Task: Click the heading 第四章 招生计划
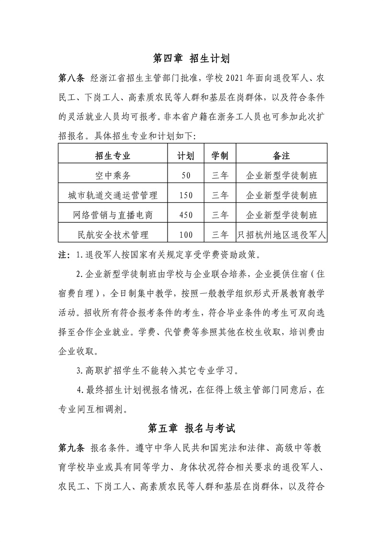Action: [191, 58]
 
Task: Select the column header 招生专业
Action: [113, 156]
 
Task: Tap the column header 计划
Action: [186, 156]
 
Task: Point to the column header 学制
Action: [220, 156]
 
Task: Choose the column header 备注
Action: [282, 156]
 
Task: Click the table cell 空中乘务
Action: [113, 175]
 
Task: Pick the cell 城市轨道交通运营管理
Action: [113, 195]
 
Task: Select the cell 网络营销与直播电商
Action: [113, 215]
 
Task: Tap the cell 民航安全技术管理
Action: [113, 234]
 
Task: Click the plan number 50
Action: [186, 176]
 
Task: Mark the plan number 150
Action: [186, 196]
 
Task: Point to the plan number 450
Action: [186, 215]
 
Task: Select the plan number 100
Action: [186, 235]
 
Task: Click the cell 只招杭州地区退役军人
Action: [282, 234]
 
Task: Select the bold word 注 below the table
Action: [62, 254]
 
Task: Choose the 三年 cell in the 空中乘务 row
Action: [220, 175]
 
